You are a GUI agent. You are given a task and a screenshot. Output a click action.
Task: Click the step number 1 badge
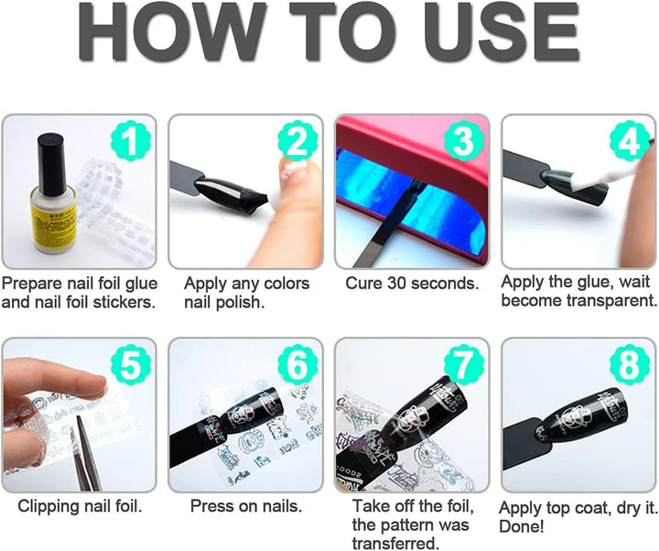click(131, 142)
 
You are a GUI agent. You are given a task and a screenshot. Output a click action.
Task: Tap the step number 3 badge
click(464, 142)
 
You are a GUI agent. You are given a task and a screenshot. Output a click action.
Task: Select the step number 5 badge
click(131, 365)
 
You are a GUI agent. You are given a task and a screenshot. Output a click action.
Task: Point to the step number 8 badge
click(629, 365)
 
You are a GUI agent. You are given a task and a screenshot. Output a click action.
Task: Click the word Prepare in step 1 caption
click(32, 284)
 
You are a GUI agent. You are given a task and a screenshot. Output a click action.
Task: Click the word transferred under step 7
click(395, 543)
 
